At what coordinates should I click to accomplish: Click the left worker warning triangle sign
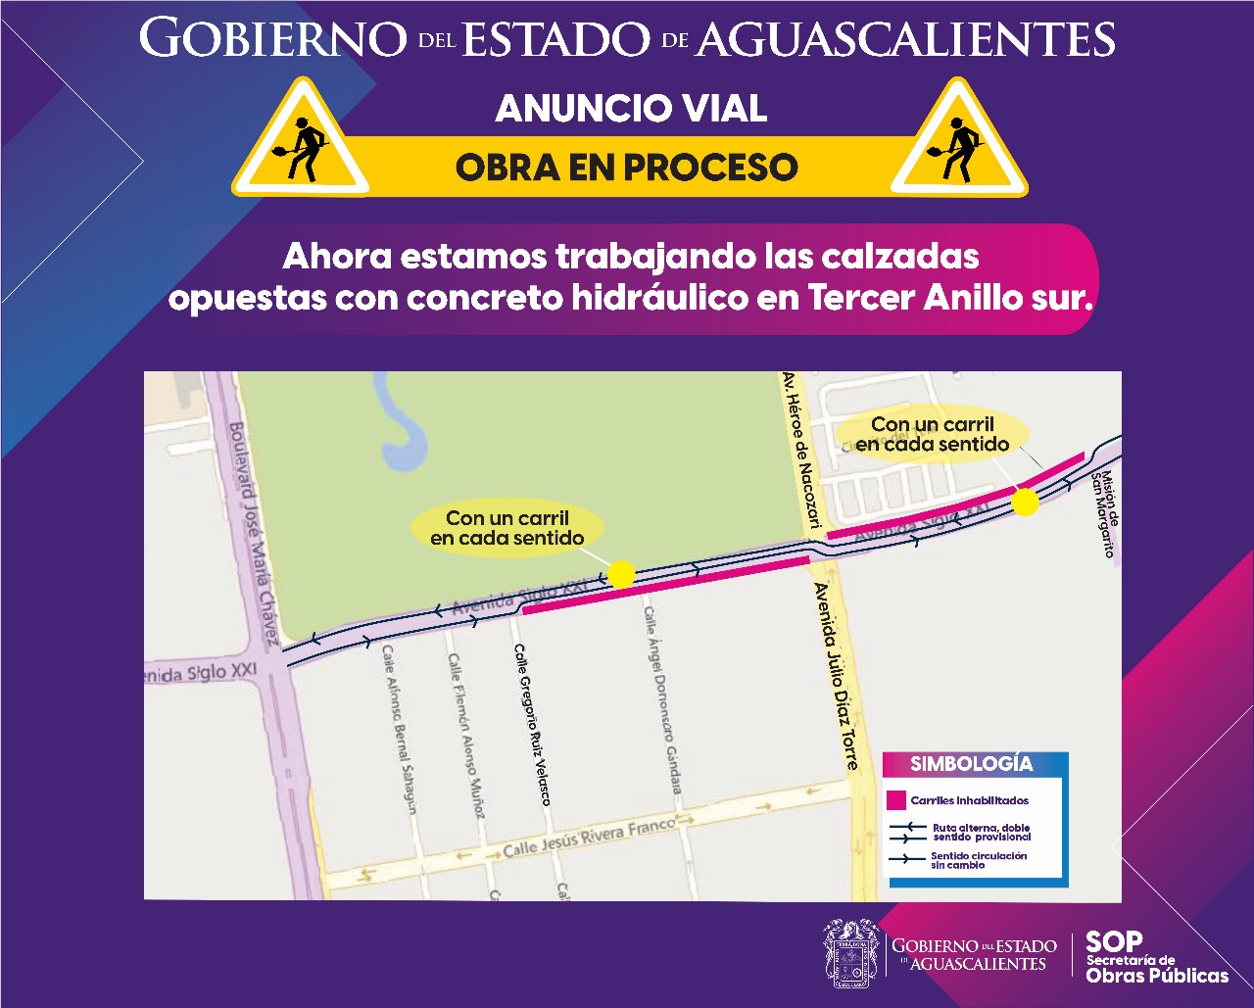pyautogui.click(x=300, y=143)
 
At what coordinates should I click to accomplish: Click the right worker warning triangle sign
pyautogui.click(x=958, y=143)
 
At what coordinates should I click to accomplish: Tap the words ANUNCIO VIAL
pyautogui.click(x=631, y=109)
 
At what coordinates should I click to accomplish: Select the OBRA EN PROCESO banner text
pyautogui.click(x=627, y=167)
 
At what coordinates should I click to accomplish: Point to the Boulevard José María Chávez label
pyautogui.click(x=252, y=534)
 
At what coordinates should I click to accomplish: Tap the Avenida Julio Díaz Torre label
pyautogui.click(x=836, y=676)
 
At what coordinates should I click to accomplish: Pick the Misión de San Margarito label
pyautogui.click(x=1104, y=514)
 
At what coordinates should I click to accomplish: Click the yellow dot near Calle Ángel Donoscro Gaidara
pyautogui.click(x=621, y=574)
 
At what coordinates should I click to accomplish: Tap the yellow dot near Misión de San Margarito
pyautogui.click(x=1025, y=503)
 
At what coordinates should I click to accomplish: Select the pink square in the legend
pyautogui.click(x=895, y=799)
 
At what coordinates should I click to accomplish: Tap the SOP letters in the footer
pyautogui.click(x=1114, y=942)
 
